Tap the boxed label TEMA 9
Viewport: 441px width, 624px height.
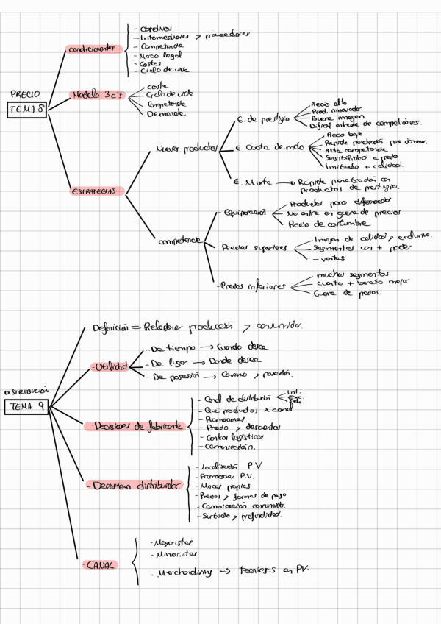(26, 406)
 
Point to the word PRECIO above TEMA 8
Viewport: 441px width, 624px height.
(26, 94)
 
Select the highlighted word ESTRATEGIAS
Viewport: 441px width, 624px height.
(93, 191)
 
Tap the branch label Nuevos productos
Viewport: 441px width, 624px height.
(186, 149)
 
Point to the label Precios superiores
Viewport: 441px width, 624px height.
(254, 247)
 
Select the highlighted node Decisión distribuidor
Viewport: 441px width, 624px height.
(137, 486)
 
